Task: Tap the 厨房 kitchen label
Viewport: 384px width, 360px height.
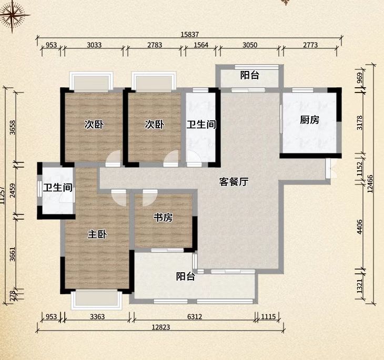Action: [x=309, y=120]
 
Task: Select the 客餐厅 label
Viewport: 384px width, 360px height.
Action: [x=234, y=182]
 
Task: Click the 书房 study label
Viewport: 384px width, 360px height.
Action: [x=163, y=218]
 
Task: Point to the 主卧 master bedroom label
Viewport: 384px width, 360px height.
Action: [x=97, y=234]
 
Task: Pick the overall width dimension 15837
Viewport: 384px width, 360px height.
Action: [x=190, y=34]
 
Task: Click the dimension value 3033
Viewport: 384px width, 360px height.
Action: [x=94, y=45]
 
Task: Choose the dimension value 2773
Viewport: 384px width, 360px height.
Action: [x=310, y=45]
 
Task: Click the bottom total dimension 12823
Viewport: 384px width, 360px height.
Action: [x=161, y=327]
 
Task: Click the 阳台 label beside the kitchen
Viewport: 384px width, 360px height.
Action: [x=249, y=75]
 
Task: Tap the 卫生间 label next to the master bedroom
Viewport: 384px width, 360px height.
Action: [x=57, y=188]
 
